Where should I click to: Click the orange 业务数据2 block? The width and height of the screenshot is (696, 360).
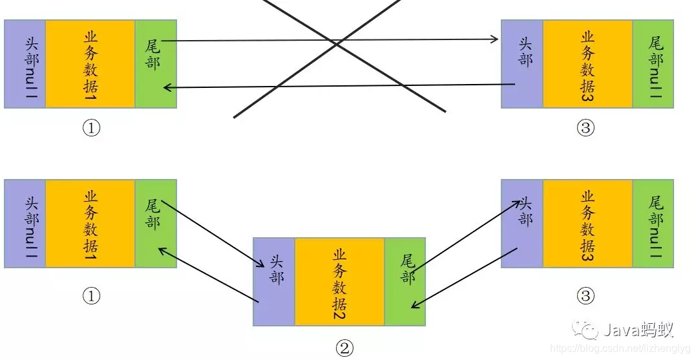tap(339, 281)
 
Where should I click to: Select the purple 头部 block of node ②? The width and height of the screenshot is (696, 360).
tap(274, 281)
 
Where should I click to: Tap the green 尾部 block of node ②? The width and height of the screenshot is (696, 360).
tap(405, 281)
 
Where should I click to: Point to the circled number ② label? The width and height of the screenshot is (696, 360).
tap(344, 348)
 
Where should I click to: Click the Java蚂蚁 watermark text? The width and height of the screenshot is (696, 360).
tap(638, 330)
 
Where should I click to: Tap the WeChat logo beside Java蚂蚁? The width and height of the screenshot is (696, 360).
tap(589, 331)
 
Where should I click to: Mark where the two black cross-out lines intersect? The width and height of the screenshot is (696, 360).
tap(338, 45)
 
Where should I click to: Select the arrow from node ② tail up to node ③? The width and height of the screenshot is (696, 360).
tap(465, 235)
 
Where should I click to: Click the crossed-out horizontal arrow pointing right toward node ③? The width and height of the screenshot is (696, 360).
tap(330, 40)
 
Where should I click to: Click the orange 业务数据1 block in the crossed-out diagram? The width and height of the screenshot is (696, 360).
tap(90, 63)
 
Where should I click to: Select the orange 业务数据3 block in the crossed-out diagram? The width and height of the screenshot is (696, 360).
tap(587, 63)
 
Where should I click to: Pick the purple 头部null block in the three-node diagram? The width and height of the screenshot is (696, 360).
tap(25, 224)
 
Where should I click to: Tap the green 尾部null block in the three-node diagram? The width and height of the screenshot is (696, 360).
tap(653, 224)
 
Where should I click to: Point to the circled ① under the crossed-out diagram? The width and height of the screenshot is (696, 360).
tap(91, 128)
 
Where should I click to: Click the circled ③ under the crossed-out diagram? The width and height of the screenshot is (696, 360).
tap(585, 128)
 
